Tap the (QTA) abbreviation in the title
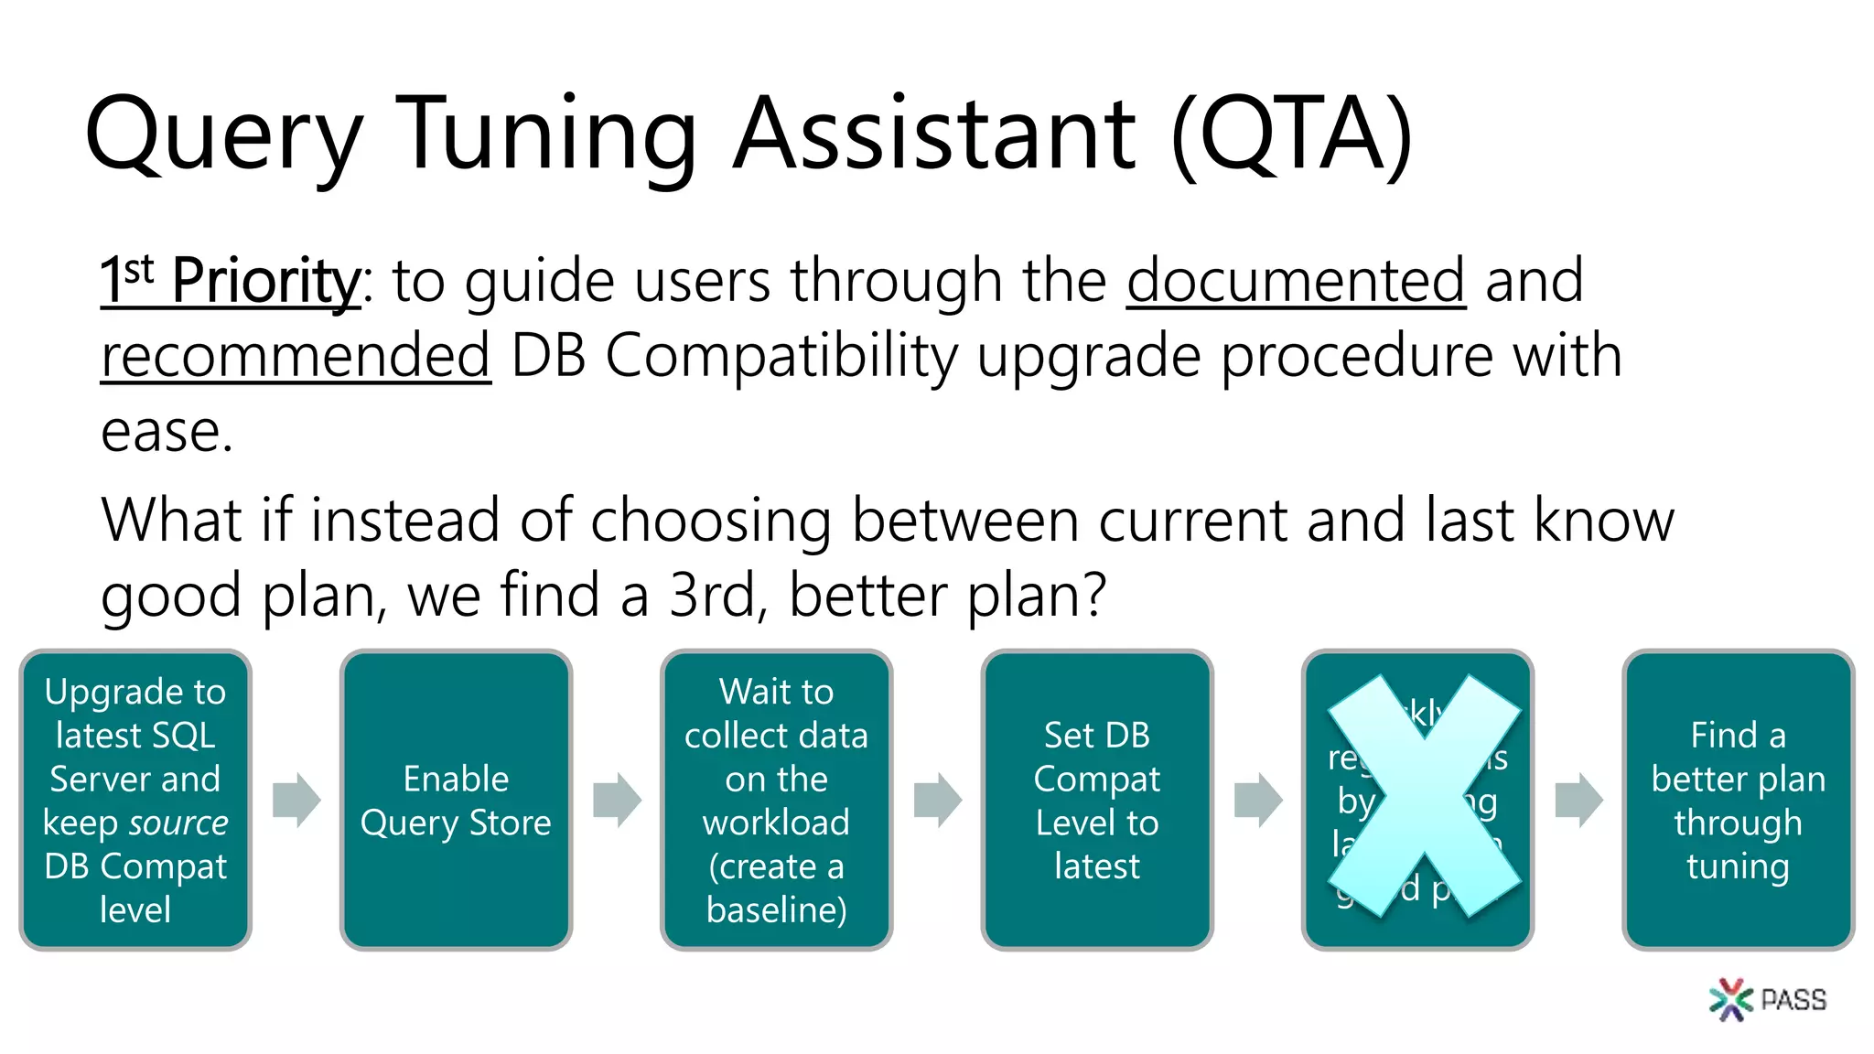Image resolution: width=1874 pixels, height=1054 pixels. pos(1292,135)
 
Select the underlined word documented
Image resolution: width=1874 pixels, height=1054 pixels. pos(1296,281)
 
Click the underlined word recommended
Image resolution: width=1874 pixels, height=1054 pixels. pos(296,356)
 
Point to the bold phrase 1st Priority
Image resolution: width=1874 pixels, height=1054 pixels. pos(231,281)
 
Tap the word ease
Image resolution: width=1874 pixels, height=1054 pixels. pos(167,431)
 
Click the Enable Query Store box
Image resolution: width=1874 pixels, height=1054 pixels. pos(456,800)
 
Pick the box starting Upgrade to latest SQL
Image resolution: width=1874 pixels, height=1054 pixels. pos(135,800)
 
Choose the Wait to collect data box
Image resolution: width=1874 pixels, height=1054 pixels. pos(776,800)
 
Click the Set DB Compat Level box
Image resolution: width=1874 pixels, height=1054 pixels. pos(1096,800)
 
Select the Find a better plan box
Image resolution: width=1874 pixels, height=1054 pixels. pos(1737,800)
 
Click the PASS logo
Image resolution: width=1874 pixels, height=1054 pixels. pos(1768,999)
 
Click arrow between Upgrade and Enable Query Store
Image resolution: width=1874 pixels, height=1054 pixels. pos(296,800)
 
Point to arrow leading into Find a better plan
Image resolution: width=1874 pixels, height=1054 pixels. pos(1578,800)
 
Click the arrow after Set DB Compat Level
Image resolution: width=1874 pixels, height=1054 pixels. pos(1258,800)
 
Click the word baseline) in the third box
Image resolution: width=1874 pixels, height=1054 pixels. pos(776,909)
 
